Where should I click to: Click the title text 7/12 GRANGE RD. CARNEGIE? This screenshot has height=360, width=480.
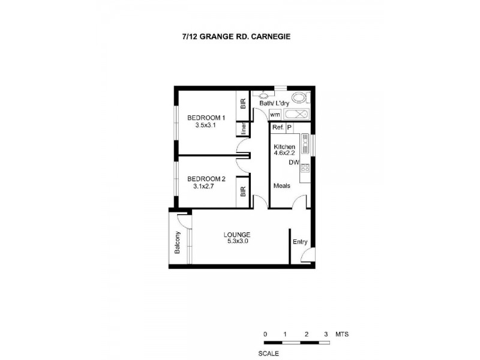240,36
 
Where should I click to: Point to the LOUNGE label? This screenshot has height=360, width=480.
237,234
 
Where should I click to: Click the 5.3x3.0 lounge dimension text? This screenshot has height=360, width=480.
237,241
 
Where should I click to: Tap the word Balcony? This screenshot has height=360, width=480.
178,242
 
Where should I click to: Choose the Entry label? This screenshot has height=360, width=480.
300,242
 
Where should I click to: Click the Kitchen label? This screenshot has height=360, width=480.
284,147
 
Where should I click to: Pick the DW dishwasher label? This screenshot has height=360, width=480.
293,163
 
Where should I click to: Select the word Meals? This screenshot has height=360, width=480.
281,186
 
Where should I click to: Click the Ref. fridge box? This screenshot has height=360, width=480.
277,128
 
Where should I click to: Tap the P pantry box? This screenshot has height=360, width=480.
289,128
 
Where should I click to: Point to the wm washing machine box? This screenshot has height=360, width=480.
275,114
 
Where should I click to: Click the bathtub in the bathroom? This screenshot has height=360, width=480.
296,114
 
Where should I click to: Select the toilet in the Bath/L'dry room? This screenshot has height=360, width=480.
298,98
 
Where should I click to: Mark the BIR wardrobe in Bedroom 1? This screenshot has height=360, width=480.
243,104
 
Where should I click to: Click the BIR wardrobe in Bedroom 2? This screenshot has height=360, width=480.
243,192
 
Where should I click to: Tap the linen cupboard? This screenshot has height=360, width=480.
244,130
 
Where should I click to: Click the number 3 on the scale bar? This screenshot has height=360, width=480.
326,334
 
